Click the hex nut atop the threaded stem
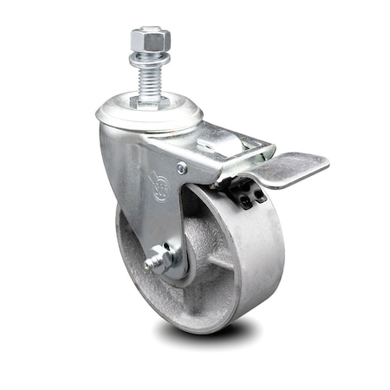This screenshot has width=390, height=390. tap(150, 39)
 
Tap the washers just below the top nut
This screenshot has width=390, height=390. tap(150, 59)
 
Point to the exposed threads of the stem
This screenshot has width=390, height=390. tap(150, 81)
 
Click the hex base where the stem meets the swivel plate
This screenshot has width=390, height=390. tap(150, 101)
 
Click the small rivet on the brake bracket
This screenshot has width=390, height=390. tap(182, 168)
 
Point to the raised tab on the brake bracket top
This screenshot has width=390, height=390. tap(217, 139)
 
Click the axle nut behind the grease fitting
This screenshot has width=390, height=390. tap(166, 255)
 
